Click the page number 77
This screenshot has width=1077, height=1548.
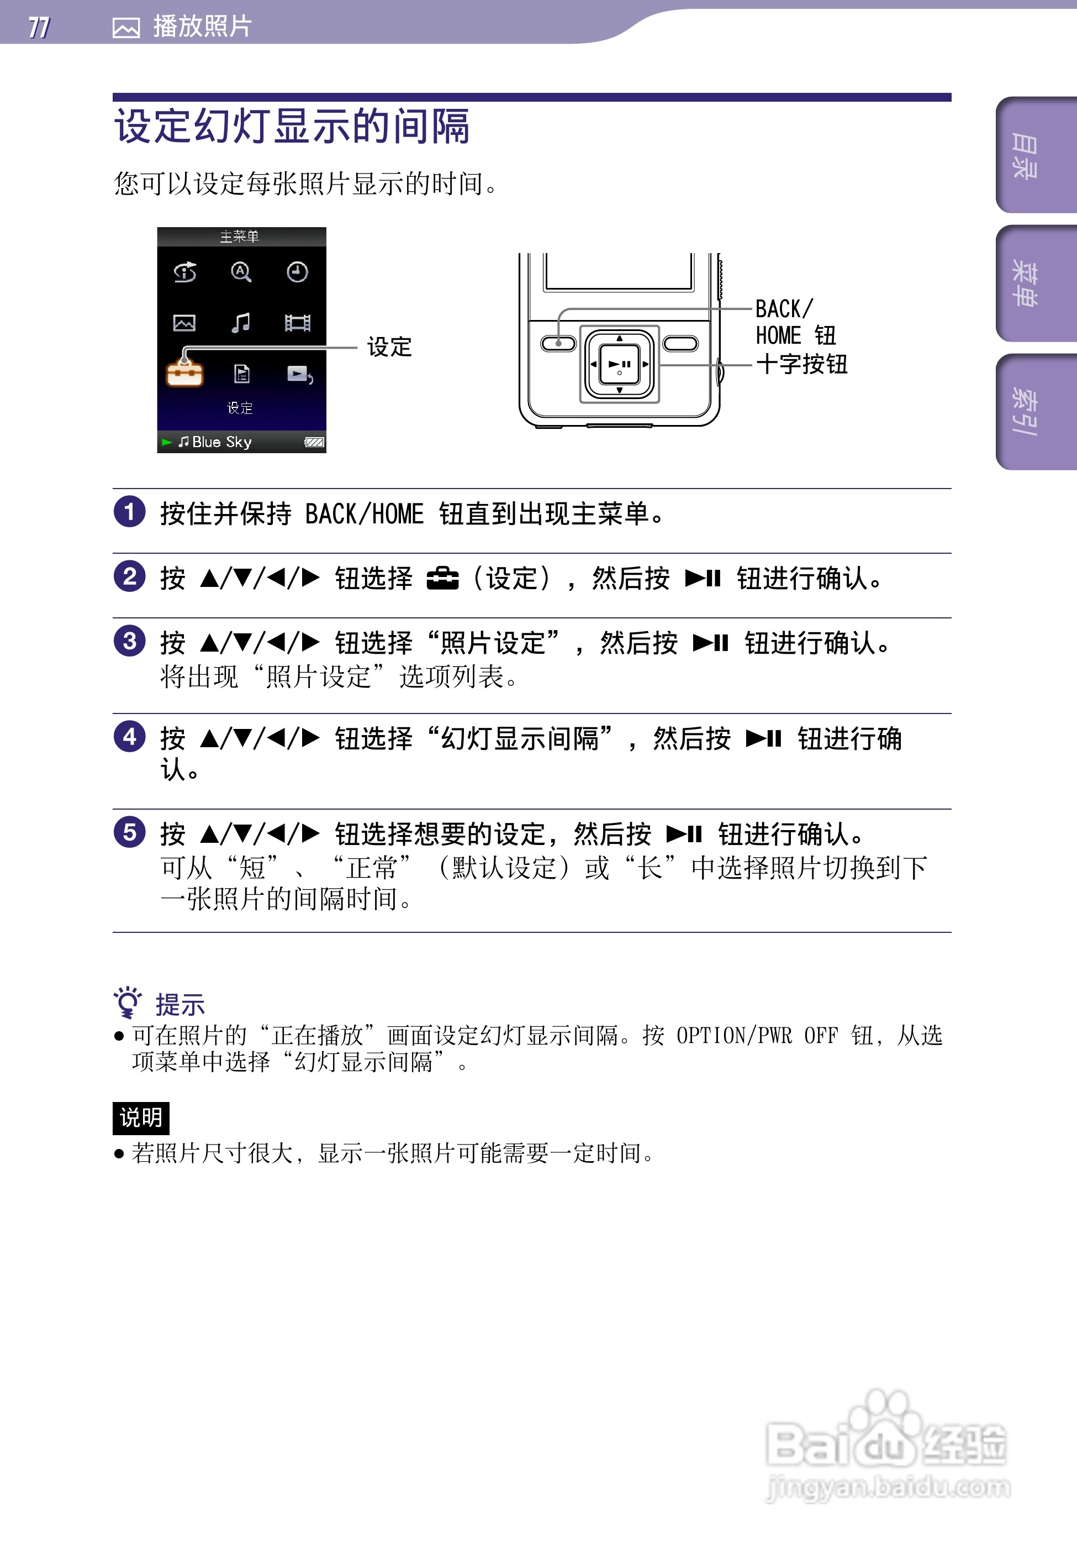[x=39, y=27]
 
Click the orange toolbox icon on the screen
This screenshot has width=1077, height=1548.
[x=184, y=373]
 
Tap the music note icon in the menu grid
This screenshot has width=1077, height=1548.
[x=241, y=323]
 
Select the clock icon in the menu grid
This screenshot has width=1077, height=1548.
[x=297, y=272]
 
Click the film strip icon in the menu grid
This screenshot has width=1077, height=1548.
[x=297, y=323]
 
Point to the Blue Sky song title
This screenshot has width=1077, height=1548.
[x=221, y=442]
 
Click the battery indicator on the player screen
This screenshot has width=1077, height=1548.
[x=314, y=442]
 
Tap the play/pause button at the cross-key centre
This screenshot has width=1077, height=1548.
[x=619, y=364]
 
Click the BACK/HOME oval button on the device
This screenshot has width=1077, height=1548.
[x=558, y=343]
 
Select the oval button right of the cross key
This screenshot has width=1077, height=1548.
[x=680, y=343]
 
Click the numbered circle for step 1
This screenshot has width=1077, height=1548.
[x=129, y=512]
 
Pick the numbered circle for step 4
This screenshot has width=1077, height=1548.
[x=129, y=736]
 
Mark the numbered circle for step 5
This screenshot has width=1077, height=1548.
[x=129, y=832]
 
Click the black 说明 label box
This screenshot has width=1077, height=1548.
[x=141, y=1118]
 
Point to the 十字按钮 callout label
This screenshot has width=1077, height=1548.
[x=801, y=364]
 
